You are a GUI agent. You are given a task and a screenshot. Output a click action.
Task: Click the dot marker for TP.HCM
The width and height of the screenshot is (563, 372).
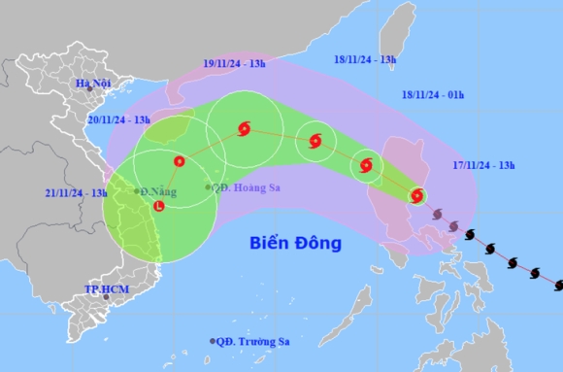point(106,296)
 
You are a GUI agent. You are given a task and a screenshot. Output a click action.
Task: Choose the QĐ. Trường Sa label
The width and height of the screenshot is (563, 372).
point(253,341)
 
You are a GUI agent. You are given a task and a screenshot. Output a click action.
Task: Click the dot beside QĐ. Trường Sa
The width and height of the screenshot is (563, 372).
point(213,341)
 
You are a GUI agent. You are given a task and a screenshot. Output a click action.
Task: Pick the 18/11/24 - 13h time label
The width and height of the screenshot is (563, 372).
point(364,59)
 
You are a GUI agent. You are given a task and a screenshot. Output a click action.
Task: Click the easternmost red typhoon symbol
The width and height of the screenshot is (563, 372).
point(416,196)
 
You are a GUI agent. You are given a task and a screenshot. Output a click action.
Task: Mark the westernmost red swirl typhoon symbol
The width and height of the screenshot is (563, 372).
point(242,128)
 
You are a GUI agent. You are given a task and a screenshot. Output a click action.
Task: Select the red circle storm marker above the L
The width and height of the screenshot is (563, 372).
point(178,161)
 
